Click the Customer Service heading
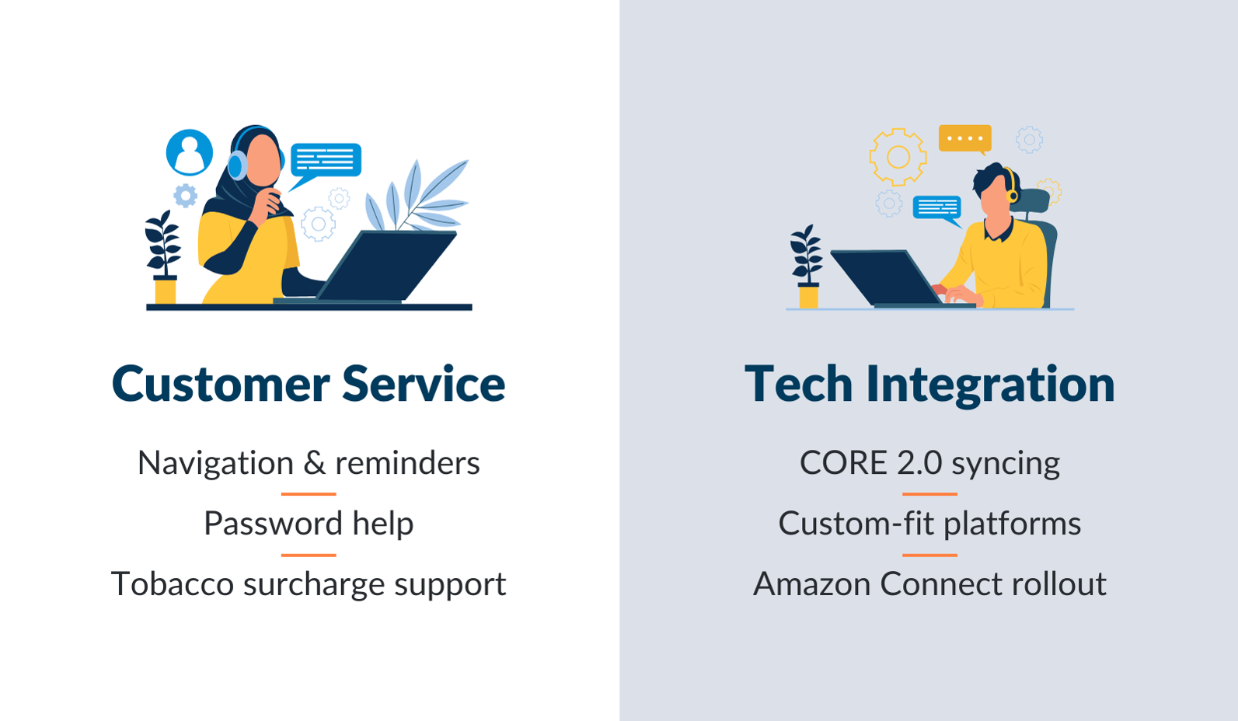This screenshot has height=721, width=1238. click(309, 384)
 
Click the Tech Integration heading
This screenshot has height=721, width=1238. click(929, 384)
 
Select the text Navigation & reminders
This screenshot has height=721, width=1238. click(309, 463)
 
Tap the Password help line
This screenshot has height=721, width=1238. click(309, 524)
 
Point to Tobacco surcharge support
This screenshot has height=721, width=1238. click(309, 584)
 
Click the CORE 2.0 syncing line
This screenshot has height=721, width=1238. click(929, 463)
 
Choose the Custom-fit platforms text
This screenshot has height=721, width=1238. click(929, 524)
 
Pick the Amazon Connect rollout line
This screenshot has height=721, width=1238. click(929, 584)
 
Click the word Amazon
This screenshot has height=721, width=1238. click(811, 584)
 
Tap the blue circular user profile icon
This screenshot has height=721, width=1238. click(190, 152)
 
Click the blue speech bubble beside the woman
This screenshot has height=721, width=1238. click(325, 161)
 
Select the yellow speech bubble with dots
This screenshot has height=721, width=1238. click(964, 138)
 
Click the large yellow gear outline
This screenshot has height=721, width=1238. click(898, 157)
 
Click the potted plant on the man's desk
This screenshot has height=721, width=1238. click(807, 268)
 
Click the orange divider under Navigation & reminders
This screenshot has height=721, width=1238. click(309, 493)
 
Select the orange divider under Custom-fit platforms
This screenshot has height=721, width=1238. click(929, 555)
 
